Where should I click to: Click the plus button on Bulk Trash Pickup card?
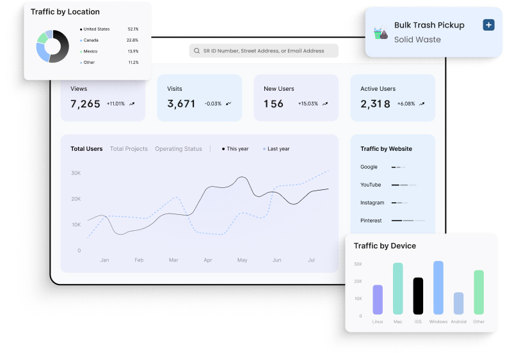488,25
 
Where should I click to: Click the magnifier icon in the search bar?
197,51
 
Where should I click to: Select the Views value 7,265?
85,104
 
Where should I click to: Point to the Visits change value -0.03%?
213,104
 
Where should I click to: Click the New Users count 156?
273,104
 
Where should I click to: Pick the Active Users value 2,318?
375,104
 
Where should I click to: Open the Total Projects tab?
129,149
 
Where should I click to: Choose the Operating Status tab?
178,149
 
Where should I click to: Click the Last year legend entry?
278,149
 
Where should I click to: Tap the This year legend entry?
237,149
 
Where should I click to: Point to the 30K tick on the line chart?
76,173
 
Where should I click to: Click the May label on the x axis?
242,260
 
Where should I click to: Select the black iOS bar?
418,295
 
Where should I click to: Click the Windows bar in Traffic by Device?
438,287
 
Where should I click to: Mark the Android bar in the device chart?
458,303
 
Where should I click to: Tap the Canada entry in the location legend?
91,40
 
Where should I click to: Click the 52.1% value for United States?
132,29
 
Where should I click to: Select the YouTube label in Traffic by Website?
371,185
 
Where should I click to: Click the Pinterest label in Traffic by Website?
371,221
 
